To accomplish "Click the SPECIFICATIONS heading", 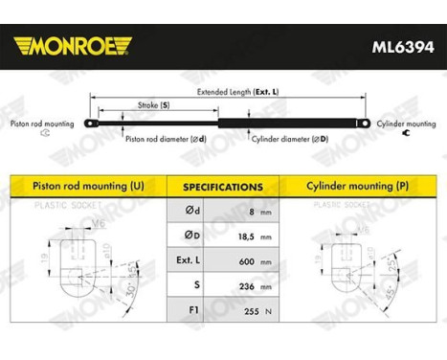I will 223,188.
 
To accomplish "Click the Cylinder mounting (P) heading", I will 359,185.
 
